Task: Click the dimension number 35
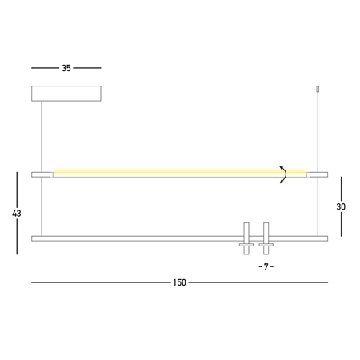(x=66, y=68)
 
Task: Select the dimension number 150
(x=179, y=282)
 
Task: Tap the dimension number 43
(x=17, y=214)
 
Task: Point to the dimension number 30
(x=341, y=206)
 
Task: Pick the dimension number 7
(x=266, y=266)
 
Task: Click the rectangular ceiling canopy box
(x=66, y=94)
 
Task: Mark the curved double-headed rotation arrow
(x=285, y=174)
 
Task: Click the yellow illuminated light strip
(x=180, y=171)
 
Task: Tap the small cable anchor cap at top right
(x=318, y=89)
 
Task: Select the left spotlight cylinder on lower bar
(x=246, y=238)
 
